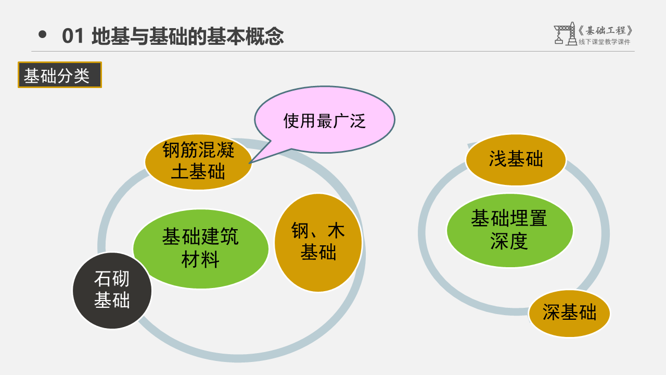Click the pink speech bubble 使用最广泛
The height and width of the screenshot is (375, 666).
[x=324, y=120]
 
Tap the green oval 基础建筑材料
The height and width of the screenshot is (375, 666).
[x=200, y=248]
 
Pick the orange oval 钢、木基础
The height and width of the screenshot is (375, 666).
[x=318, y=242]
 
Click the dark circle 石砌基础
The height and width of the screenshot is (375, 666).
[x=112, y=290]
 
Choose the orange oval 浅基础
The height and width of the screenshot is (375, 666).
[x=516, y=159]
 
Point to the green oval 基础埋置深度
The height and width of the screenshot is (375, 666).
[x=510, y=230]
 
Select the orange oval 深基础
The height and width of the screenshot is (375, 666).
[x=569, y=313]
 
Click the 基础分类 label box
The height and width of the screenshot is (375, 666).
[x=60, y=75]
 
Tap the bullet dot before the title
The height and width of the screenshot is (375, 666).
[x=43, y=35]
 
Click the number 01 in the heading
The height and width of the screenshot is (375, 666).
[x=73, y=36]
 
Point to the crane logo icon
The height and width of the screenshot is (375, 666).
[x=564, y=34]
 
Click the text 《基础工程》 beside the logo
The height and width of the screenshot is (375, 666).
[x=606, y=30]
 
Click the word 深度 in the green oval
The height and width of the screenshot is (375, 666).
[x=509, y=241]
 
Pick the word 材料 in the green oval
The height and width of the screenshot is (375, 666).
[x=200, y=259]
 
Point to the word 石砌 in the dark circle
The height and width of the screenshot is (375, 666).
[x=112, y=279]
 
